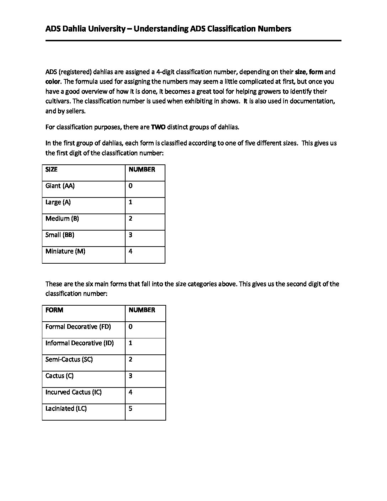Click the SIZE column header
(x=52, y=169)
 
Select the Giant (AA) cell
(x=60, y=186)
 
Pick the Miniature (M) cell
(x=65, y=251)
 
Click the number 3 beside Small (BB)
(x=131, y=235)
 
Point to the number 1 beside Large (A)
(x=131, y=202)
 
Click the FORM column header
(x=54, y=310)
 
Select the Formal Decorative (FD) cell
(x=78, y=327)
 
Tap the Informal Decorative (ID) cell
(x=80, y=343)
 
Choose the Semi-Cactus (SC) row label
(x=69, y=359)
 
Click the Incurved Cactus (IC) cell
(x=74, y=392)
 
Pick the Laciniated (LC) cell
(x=66, y=408)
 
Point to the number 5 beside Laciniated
(x=131, y=408)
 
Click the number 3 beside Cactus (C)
(x=131, y=376)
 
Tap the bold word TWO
(x=158, y=127)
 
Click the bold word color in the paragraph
(x=52, y=81)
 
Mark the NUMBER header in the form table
(x=142, y=310)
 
